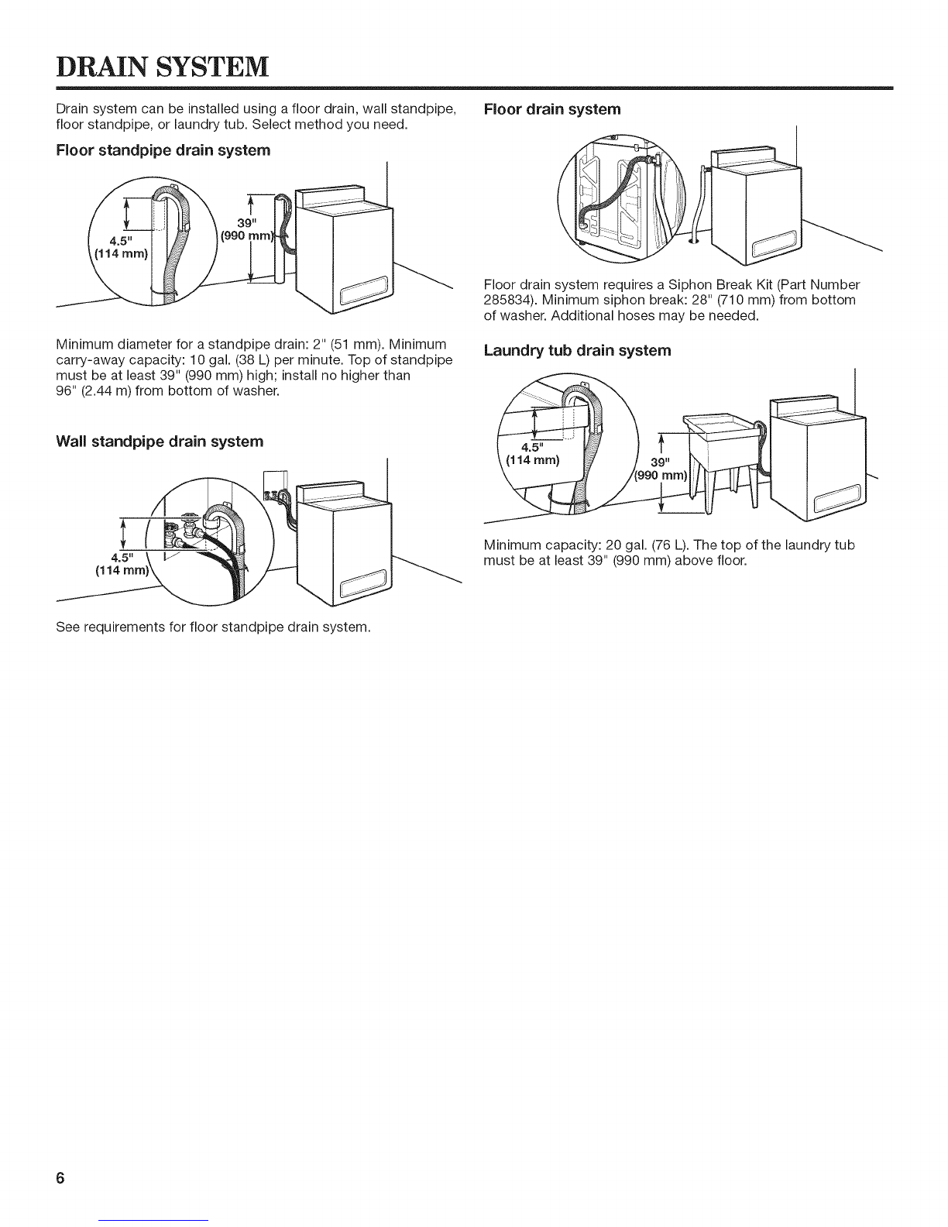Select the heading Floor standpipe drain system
tap(163, 150)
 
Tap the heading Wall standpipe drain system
tap(160, 442)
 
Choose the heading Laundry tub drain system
tap(576, 351)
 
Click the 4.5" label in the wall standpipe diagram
tap(120, 555)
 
